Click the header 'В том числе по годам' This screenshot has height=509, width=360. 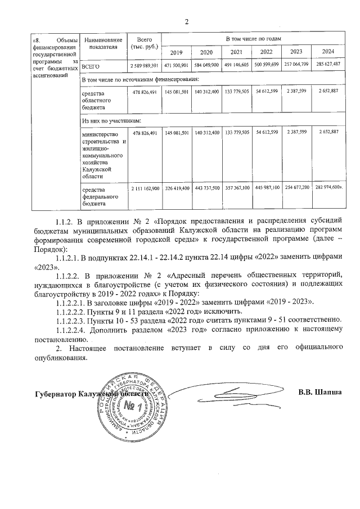click(253, 39)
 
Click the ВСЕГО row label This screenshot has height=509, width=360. click(91, 66)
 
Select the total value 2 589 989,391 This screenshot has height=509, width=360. click(145, 66)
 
